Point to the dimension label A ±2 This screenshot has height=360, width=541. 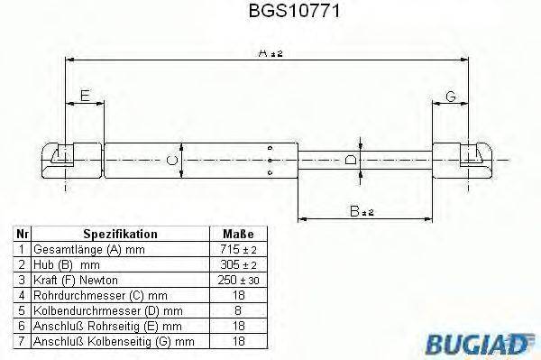click(267, 54)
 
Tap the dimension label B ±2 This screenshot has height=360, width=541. click(364, 211)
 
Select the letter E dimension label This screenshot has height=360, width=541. click(84, 96)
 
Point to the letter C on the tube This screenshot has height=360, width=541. click(174, 162)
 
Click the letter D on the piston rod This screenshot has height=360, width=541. click(351, 161)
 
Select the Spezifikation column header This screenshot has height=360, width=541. click(120, 234)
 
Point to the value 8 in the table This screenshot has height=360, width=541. click(237, 310)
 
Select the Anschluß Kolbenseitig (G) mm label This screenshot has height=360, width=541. click(113, 342)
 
